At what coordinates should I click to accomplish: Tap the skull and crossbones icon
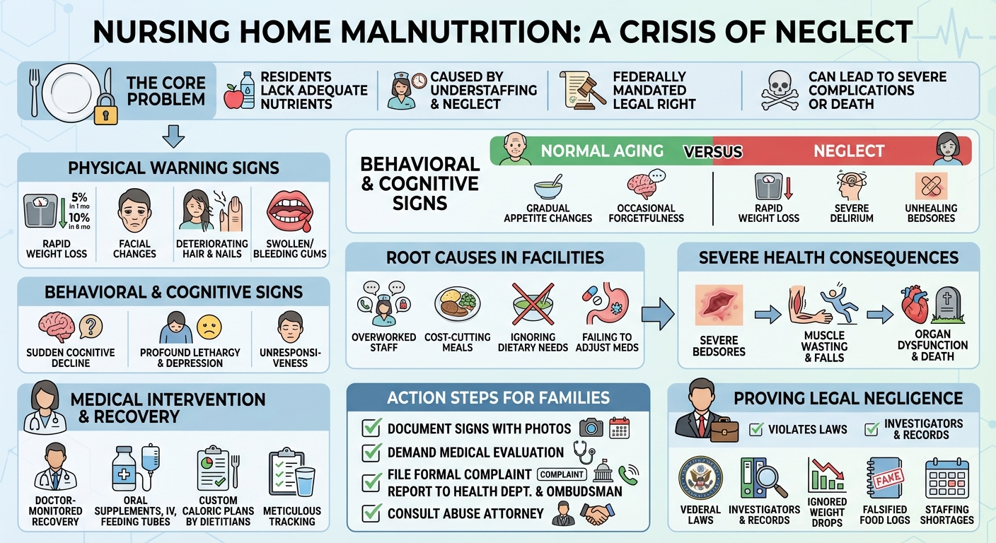pos(780,90)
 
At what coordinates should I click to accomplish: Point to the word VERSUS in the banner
pos(712,151)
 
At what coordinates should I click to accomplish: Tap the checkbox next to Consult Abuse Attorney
pos(371,513)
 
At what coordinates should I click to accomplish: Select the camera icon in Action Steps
pos(591,428)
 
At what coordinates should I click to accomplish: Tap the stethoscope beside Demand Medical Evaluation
pos(584,452)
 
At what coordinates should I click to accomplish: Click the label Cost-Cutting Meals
pos(457,342)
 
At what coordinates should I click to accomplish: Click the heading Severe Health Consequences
pos(828,257)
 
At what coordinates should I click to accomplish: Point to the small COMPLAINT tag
pos(563,474)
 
